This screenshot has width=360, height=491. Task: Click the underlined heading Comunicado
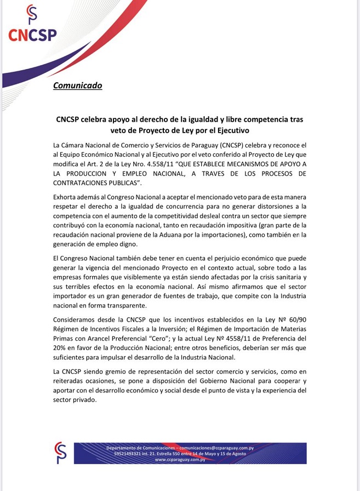pos(77,85)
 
